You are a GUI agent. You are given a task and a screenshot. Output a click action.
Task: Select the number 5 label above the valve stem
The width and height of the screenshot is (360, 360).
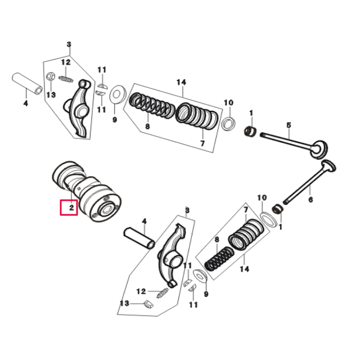pyautogui.click(x=288, y=125)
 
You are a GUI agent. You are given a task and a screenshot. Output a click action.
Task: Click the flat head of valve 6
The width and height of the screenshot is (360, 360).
pyautogui.click(x=329, y=168)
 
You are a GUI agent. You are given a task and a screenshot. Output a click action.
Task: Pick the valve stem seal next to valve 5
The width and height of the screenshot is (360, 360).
pyautogui.click(x=250, y=133)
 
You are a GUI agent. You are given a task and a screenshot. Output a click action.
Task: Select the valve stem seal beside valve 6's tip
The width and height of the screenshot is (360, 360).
pyautogui.click(x=276, y=209)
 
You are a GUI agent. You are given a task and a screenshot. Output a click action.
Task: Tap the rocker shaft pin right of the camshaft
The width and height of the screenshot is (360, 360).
pyautogui.click(x=139, y=237)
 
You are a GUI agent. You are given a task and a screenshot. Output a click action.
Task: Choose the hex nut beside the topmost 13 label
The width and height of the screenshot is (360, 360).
pyautogui.click(x=50, y=77)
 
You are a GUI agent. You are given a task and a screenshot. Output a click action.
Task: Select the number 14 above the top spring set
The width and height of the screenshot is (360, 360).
pyautogui.click(x=181, y=82)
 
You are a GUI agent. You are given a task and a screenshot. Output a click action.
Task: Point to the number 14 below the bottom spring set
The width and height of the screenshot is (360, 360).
pyautogui.click(x=244, y=269)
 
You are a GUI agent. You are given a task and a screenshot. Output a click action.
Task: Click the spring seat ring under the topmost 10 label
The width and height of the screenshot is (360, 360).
pyautogui.click(x=229, y=123)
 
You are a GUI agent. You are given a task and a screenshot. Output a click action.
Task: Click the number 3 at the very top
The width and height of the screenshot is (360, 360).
pyautogui.click(x=69, y=44)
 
